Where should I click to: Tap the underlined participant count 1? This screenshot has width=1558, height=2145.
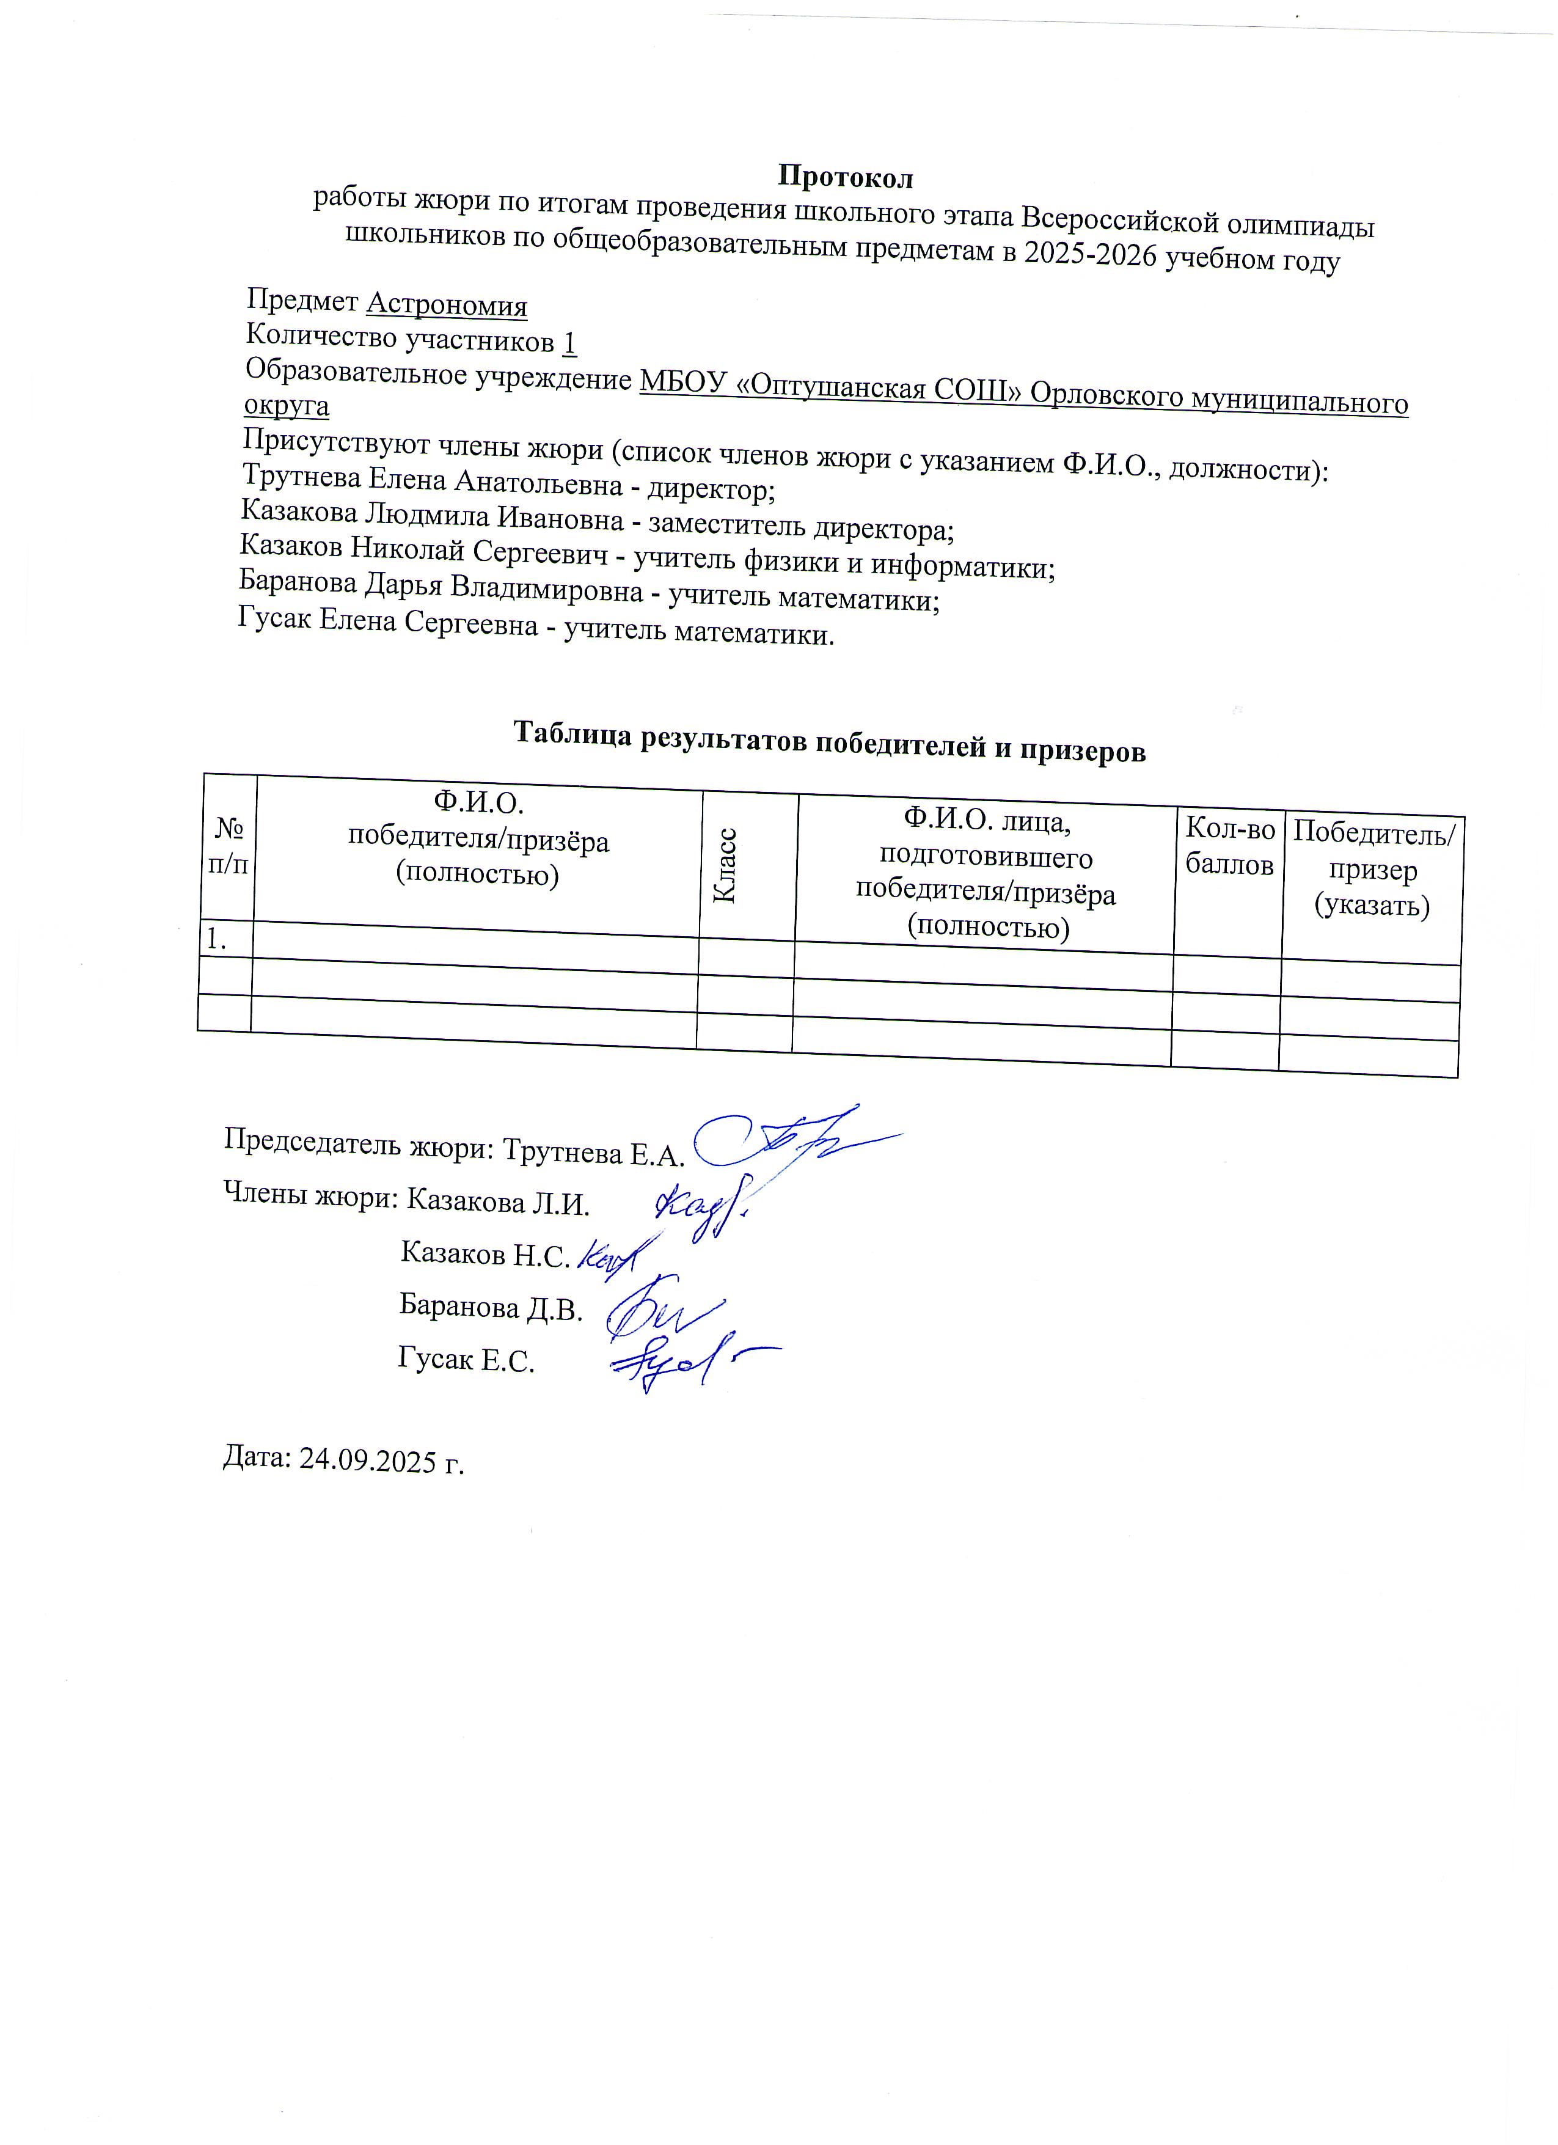tap(569, 342)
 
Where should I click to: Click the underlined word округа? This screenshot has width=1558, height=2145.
tap(287, 406)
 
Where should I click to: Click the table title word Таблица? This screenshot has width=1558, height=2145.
tap(573, 734)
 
